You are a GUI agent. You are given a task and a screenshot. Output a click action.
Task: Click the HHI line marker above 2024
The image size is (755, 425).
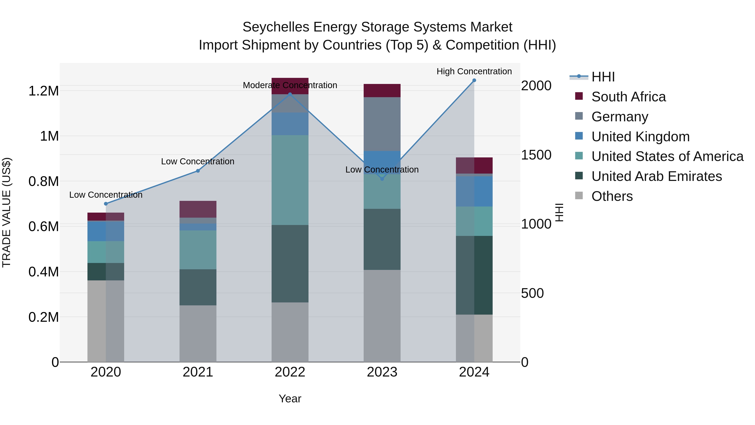pyautogui.click(x=474, y=80)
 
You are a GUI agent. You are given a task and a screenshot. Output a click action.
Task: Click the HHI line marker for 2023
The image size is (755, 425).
pyautogui.click(x=382, y=179)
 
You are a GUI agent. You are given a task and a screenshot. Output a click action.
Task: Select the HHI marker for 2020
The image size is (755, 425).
pyautogui.click(x=106, y=204)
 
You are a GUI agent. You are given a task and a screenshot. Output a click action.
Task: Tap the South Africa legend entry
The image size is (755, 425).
pyautogui.click(x=628, y=97)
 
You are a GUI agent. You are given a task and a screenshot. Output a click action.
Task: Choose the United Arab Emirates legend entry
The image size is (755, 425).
pyautogui.click(x=656, y=176)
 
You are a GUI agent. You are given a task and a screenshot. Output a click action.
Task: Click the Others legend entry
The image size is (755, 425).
pyautogui.click(x=612, y=196)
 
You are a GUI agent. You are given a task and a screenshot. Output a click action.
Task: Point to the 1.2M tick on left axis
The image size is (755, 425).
pyautogui.click(x=43, y=91)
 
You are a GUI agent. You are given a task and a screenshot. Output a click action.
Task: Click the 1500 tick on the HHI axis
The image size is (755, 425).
pyautogui.click(x=536, y=155)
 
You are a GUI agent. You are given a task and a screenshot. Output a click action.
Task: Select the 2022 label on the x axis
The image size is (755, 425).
pyautogui.click(x=290, y=372)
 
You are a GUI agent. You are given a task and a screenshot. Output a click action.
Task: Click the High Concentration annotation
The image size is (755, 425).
pyautogui.click(x=474, y=71)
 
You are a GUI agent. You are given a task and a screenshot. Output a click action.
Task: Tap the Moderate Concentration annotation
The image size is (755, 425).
pyautogui.click(x=290, y=85)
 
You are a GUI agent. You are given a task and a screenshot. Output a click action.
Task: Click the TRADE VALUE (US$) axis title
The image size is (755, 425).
pyautogui.click(x=7, y=212)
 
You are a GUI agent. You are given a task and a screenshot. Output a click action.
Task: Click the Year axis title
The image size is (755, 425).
pyautogui.click(x=290, y=399)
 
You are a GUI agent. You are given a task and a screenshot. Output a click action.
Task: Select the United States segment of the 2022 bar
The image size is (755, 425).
pyautogui.click(x=290, y=180)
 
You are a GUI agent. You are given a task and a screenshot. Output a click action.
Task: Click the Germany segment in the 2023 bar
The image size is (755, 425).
pyautogui.click(x=382, y=124)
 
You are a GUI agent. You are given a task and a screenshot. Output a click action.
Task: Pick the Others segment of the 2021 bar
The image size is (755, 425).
pyautogui.click(x=198, y=333)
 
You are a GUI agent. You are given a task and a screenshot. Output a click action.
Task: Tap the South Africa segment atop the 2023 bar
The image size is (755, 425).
pyautogui.click(x=382, y=90)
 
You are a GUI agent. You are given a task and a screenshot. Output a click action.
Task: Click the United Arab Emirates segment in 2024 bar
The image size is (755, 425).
pyautogui.click(x=474, y=275)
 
